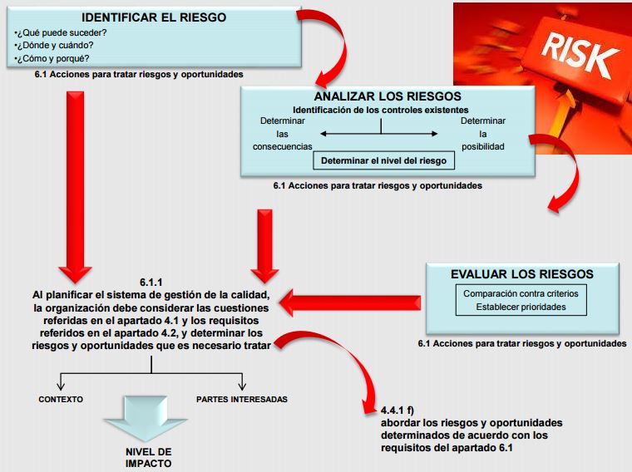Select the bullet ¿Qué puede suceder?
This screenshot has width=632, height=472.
pyautogui.click(x=61, y=32)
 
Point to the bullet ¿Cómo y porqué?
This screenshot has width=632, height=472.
pyautogui.click(x=54, y=58)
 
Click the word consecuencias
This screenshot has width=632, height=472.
pyautogui.click(x=282, y=147)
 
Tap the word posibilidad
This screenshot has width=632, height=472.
pyautogui.click(x=482, y=147)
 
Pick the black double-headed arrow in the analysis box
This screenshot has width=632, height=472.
pyautogui.click(x=380, y=133)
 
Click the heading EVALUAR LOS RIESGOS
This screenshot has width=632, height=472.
pyautogui.click(x=521, y=274)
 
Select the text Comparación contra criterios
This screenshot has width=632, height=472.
pyautogui.click(x=521, y=293)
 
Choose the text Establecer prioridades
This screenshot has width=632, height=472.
pyautogui.click(x=521, y=307)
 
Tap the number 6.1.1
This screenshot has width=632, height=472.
pyautogui.click(x=152, y=282)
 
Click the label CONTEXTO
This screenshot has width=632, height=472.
pyautogui.click(x=61, y=400)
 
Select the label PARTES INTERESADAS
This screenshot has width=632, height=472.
pyautogui.click(x=241, y=400)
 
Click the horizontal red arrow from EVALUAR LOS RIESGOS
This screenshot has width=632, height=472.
pyautogui.click(x=349, y=302)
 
